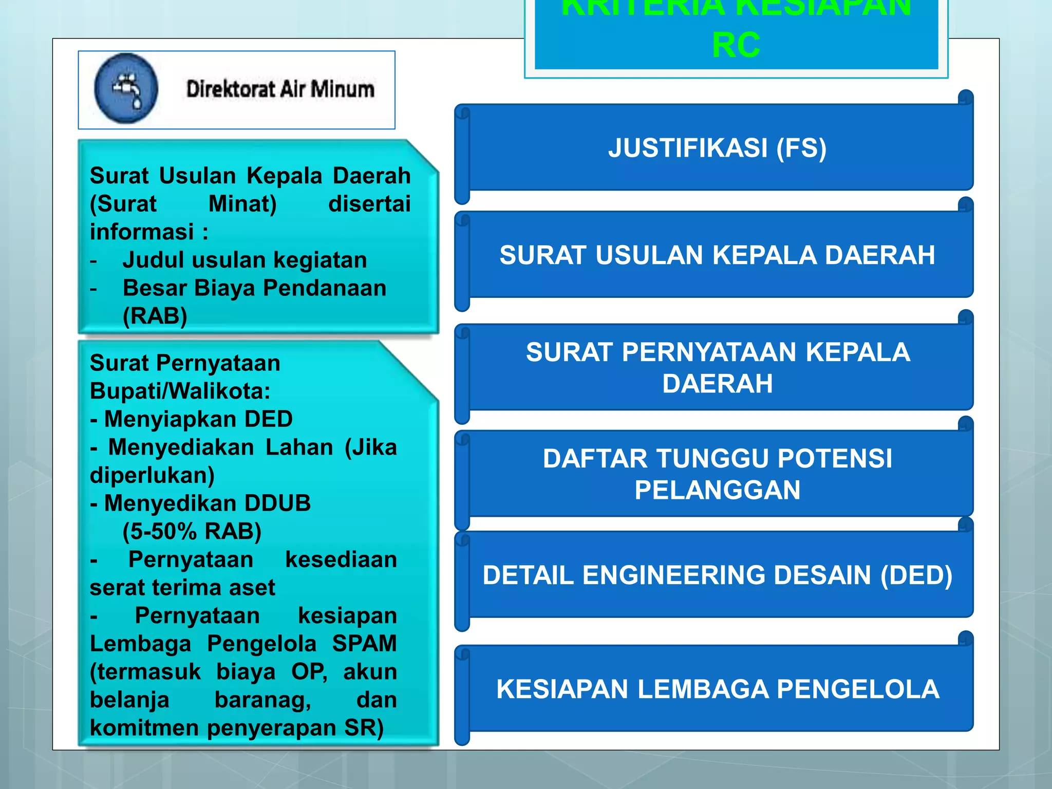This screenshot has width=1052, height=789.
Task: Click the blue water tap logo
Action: [x=126, y=88]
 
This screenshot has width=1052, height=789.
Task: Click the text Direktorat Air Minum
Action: [x=280, y=89]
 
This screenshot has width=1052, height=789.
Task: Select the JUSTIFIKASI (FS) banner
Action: [x=717, y=148]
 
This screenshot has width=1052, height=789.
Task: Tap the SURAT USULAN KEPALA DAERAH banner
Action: [x=717, y=255]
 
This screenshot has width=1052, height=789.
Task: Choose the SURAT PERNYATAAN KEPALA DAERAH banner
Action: [x=717, y=368]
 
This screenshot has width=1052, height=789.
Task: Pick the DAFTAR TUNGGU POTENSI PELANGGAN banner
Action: [x=717, y=474]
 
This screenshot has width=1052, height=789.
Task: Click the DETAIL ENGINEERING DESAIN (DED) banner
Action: [x=717, y=575]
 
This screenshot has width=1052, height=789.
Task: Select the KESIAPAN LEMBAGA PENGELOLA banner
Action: [x=717, y=689]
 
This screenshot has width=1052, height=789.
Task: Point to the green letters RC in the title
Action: [x=736, y=45]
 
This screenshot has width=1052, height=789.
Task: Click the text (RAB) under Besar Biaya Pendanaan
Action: [x=155, y=316]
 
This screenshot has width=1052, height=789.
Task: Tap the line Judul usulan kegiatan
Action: [x=245, y=260]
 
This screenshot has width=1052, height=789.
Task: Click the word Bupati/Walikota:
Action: [x=180, y=391]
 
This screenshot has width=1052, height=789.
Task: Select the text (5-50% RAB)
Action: [x=192, y=532]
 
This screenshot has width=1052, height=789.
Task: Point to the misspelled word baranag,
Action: [x=262, y=700]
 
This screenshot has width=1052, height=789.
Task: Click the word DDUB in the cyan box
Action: [x=277, y=503]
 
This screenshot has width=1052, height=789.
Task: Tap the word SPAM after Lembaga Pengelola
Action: [x=364, y=644]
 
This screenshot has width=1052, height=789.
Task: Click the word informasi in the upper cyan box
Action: [x=142, y=232]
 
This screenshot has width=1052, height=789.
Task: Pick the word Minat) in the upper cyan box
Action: [x=242, y=204]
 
